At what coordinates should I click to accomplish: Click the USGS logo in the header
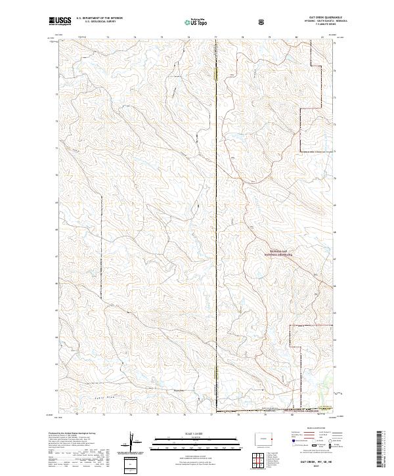(61, 21)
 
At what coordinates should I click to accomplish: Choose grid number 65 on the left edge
(56, 312)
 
